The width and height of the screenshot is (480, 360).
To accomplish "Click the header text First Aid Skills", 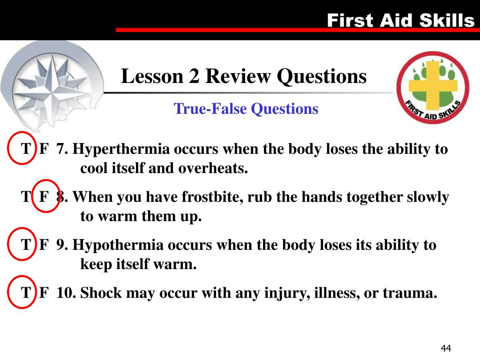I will pyautogui.click(x=400, y=20).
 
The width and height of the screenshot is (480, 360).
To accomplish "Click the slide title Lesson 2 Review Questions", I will pyautogui.click(x=244, y=76).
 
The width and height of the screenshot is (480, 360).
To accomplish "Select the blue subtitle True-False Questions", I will pyautogui.click(x=246, y=109).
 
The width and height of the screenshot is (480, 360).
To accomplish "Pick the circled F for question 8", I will pyautogui.click(x=44, y=197).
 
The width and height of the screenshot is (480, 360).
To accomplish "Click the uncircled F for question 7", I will pyautogui.click(x=44, y=150).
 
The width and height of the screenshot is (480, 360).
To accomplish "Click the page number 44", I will pyautogui.click(x=445, y=348).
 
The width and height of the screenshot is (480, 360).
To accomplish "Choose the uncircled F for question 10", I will pyautogui.click(x=44, y=293).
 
